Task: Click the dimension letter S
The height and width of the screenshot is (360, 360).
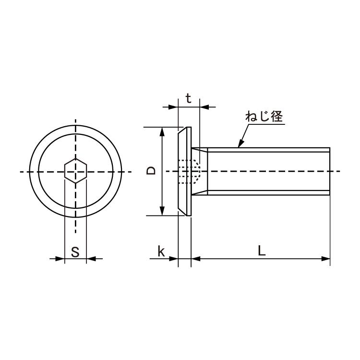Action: pos(75,252)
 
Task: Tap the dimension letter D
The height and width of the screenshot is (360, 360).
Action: pos(151,171)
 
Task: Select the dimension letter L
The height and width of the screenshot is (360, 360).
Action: pos(261,251)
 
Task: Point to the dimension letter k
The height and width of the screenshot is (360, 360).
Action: pos(161,251)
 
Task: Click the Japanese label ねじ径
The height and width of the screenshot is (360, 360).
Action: pos(264,117)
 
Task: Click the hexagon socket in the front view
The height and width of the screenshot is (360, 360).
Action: pos(75,171)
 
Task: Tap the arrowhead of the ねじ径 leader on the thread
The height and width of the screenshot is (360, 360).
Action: pos(241,144)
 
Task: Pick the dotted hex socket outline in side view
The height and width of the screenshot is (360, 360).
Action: pos(188,171)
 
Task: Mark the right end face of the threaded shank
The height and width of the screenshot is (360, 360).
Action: pos(330,171)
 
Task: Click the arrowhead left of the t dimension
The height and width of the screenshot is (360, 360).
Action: pos(174,107)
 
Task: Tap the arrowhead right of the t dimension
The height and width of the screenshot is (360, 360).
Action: pos(204,107)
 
